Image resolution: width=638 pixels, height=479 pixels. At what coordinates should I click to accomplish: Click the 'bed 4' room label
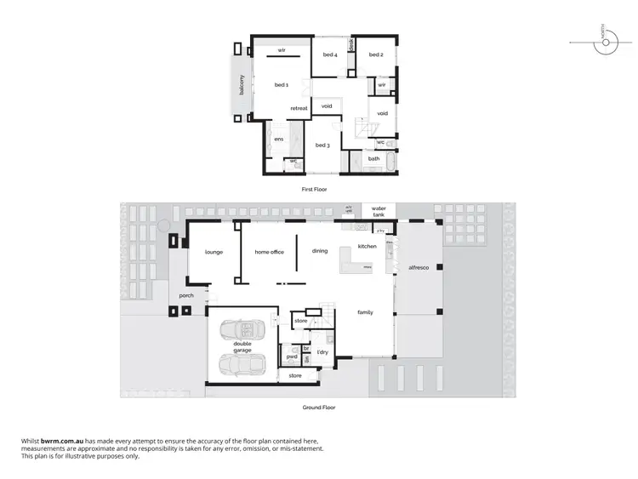330,55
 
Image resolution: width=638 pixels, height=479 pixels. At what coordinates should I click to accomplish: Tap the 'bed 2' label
376,55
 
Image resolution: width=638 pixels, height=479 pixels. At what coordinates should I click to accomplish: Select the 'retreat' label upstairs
299,108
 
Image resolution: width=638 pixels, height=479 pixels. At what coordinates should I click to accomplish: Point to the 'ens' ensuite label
278,139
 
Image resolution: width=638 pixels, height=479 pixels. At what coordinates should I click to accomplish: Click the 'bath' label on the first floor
373,159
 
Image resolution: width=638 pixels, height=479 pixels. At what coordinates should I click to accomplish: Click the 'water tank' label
379,210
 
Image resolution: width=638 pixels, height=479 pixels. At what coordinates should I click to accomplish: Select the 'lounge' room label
214,252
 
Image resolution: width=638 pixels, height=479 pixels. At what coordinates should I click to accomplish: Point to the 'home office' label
269,252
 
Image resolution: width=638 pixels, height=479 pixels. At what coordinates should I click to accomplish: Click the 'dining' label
320,251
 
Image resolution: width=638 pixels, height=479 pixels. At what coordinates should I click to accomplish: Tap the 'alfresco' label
419,267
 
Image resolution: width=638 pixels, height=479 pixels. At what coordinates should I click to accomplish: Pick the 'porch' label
186,296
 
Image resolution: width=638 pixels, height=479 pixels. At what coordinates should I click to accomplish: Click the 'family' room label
365,312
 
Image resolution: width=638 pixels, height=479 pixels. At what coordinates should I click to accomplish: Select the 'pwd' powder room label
291,357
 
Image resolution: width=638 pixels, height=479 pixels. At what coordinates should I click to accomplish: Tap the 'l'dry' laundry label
322,352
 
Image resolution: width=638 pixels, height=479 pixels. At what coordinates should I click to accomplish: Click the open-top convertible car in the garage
241,331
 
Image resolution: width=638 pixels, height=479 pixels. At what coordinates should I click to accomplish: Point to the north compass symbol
601,39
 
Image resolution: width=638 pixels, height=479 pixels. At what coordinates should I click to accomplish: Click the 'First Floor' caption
314,189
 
